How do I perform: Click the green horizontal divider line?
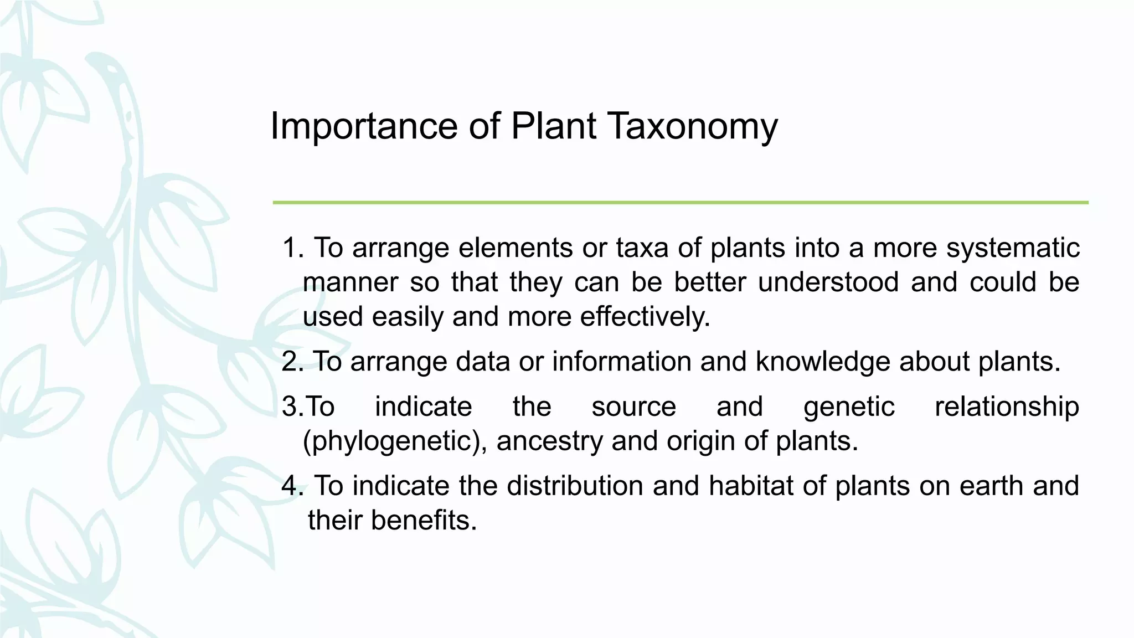pyautogui.click(x=680, y=203)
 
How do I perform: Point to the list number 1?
pyautogui.click(x=292, y=248)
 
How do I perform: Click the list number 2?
pyautogui.click(x=292, y=362)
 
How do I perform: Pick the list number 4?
pyautogui.click(x=292, y=486)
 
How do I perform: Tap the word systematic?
pyautogui.click(x=1013, y=248)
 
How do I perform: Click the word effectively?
pyautogui.click(x=645, y=317)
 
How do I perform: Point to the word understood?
pyautogui.click(x=828, y=282)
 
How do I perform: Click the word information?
pyautogui.click(x=621, y=362)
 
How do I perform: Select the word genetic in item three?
pyautogui.click(x=849, y=407)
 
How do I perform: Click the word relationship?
pyautogui.click(x=1007, y=407)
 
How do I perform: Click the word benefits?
pyautogui.click(x=424, y=521)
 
